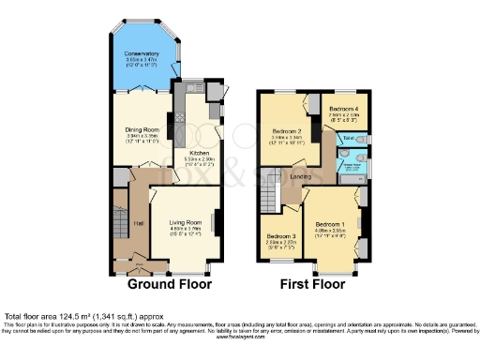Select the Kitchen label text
click(x=200, y=151)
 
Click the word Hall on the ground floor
click(x=137, y=223)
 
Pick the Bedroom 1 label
click(x=329, y=225)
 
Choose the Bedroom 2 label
click(x=286, y=131)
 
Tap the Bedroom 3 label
click(x=279, y=235)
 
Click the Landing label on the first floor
click(x=300, y=175)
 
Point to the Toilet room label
click(x=348, y=140)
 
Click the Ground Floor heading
click(x=169, y=284)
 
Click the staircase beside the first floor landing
click(x=270, y=196)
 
